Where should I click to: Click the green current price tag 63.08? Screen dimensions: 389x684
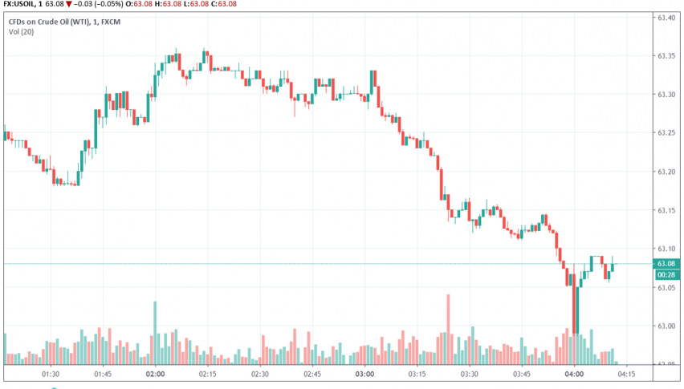click(x=667, y=264)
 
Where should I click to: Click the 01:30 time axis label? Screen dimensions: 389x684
click(x=51, y=374)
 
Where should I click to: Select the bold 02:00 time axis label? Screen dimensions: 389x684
click(x=155, y=374)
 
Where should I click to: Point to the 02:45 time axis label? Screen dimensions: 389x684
click(x=312, y=374)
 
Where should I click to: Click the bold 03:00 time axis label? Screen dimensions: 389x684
click(x=365, y=374)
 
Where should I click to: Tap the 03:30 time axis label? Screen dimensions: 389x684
click(x=470, y=374)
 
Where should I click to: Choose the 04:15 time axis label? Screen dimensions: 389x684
click(x=627, y=374)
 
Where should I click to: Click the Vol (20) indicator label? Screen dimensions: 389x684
click(x=34, y=30)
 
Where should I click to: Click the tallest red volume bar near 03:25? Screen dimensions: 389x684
click(x=449, y=329)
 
